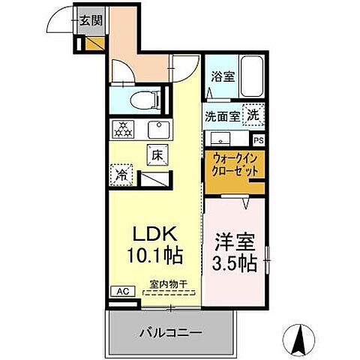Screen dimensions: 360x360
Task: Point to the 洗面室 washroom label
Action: point(223,116)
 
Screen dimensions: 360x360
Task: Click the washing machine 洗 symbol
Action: point(254,115)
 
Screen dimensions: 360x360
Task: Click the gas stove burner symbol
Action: point(123,129)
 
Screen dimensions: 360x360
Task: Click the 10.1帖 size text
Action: point(154,256)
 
